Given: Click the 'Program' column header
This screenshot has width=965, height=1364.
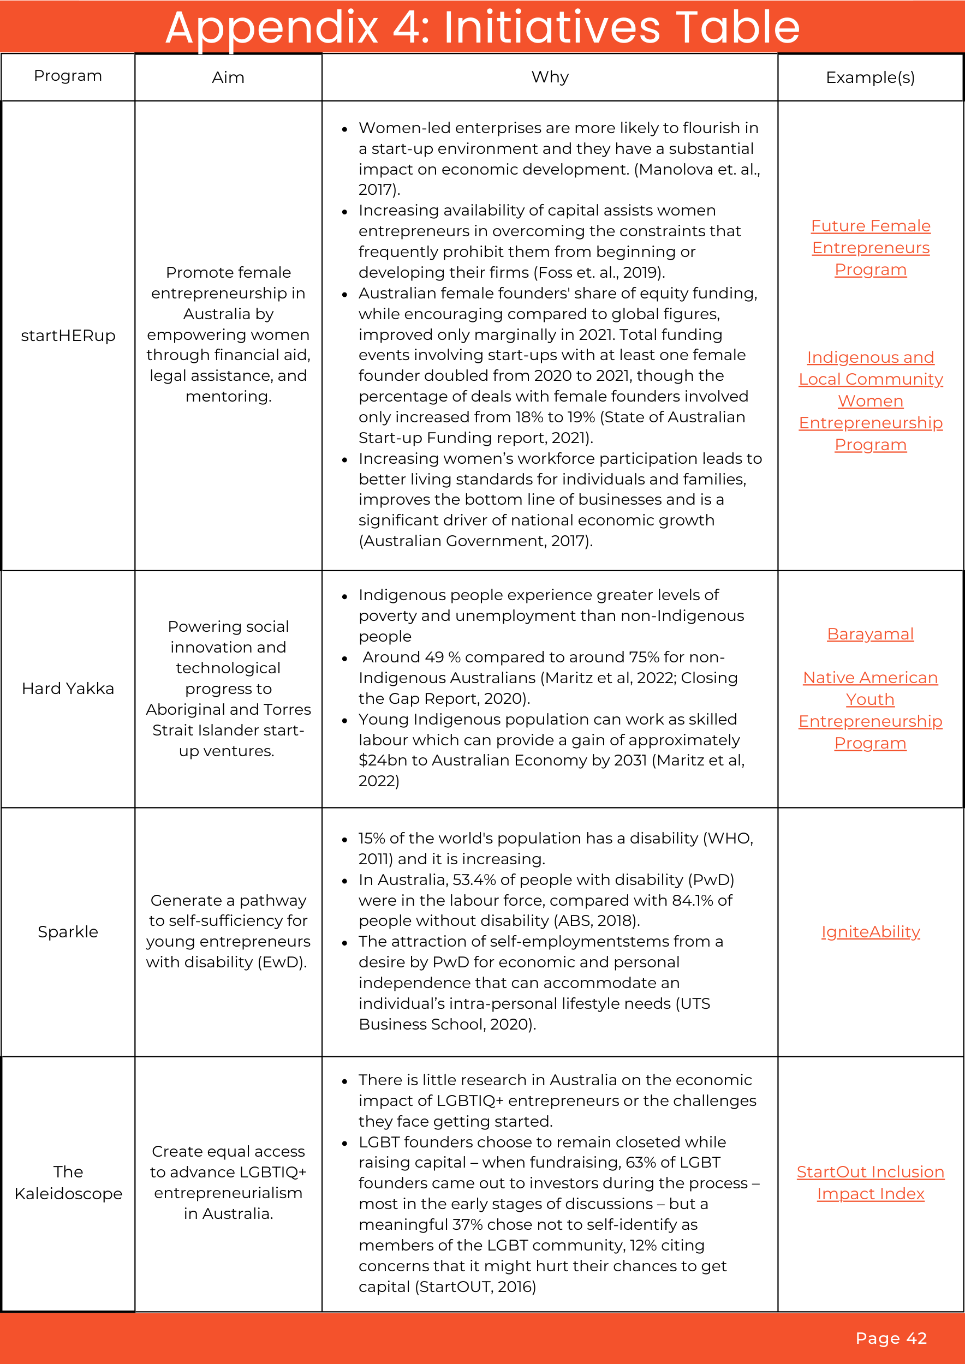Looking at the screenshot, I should pos(68,75).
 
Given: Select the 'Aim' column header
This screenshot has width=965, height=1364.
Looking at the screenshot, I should pos(228,77).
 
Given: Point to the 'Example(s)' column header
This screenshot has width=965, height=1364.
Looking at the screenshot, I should pos(870,77).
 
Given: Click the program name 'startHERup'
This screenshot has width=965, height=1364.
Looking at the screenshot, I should pos(68,336).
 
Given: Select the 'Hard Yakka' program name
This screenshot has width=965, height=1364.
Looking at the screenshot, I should pos(68,689).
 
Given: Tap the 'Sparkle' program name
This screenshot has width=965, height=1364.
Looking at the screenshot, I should pos(68,931).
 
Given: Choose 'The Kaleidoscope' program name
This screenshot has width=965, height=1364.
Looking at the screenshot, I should pos(68,1182).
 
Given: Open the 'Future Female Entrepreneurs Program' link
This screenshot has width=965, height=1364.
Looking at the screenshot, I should pos(871,248).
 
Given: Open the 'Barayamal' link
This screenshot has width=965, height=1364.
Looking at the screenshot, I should pos(870,634).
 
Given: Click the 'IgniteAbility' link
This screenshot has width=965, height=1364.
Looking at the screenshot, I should pos(871,931).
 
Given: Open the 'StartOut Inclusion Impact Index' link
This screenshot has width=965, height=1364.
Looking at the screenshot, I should pos(871,1182).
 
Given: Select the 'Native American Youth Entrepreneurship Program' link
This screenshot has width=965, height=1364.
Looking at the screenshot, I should pos(870,710).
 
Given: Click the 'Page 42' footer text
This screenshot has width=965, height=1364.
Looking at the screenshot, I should pos(891,1338).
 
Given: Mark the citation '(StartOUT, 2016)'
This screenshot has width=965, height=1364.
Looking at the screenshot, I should pos(475,1286).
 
